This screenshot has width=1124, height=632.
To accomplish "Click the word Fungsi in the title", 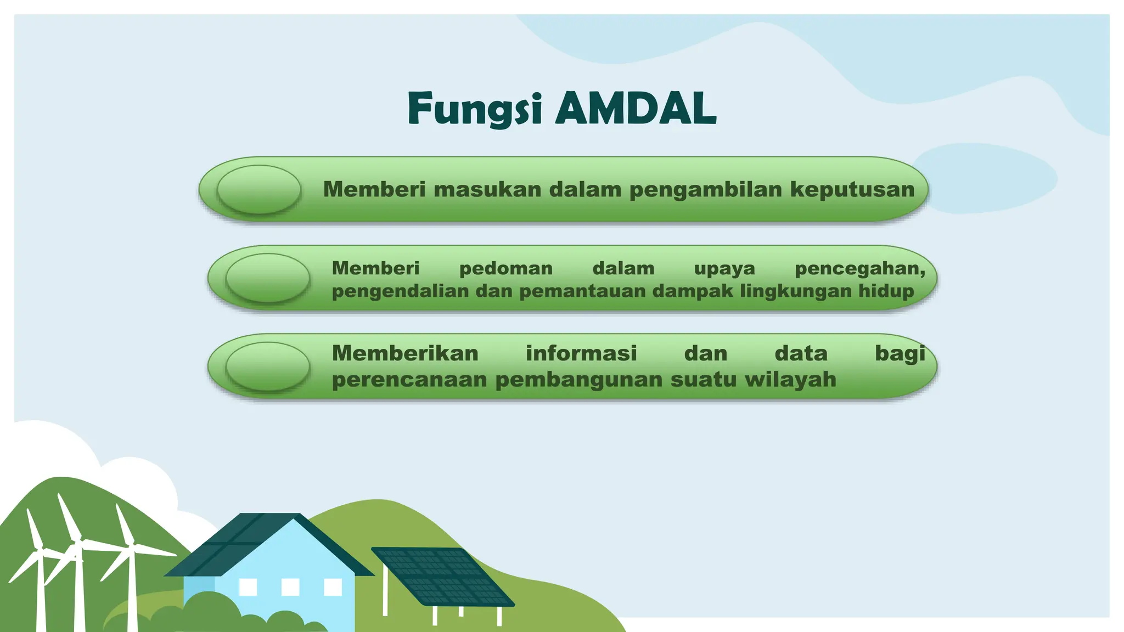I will pos(475,109).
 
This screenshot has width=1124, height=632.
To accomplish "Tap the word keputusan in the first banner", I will pos(852,189).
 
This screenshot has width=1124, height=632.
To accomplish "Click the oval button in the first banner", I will pos(259,190).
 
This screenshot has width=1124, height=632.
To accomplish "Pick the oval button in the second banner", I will pos(268,278).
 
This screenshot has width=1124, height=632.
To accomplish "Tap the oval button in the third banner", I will pos(268,366).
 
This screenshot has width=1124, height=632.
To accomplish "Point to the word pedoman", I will pos(505,269).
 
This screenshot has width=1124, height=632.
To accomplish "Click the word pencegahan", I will pos(859,269).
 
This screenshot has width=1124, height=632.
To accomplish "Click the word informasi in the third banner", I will pos(581,353).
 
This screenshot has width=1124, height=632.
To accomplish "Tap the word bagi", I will pos(900,354).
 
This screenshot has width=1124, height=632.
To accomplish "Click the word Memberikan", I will pos(405,353).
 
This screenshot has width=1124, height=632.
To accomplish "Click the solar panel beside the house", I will pos(442,576).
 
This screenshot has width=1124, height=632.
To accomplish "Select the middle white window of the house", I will pos(290,587).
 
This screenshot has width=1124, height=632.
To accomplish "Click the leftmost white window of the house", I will pos(248,587).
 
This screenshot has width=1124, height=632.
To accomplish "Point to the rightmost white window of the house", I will pos(333,587).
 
